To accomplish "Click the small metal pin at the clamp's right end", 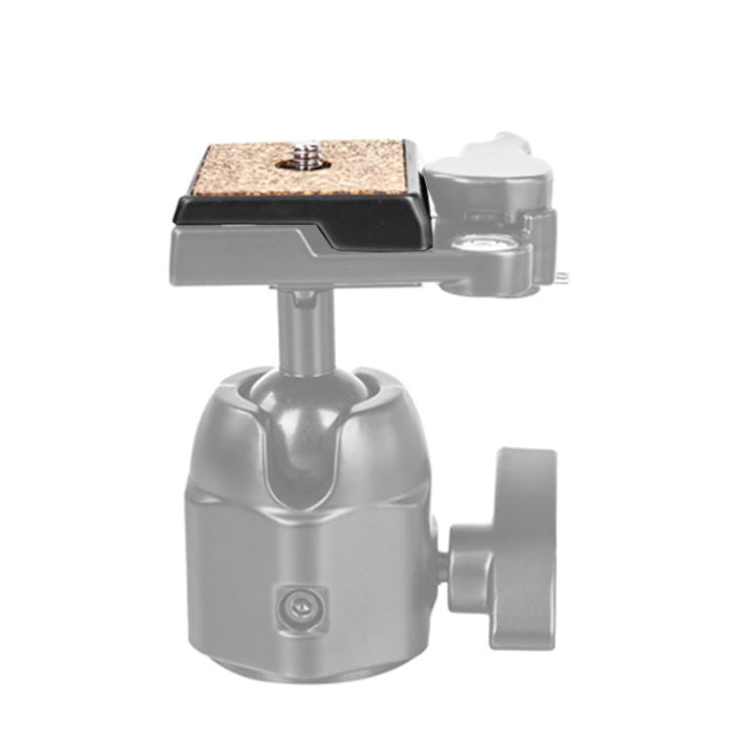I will pos(565,277).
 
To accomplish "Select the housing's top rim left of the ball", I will pos(230,387).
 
